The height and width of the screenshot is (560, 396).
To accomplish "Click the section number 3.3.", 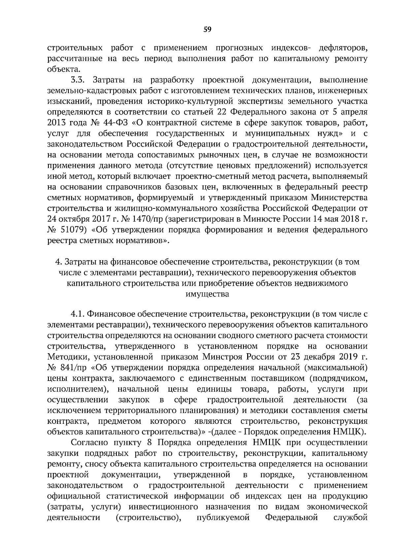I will [78, 80].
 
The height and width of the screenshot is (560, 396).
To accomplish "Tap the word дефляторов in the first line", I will [343, 48].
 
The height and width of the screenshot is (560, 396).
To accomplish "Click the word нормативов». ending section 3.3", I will [144, 240].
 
